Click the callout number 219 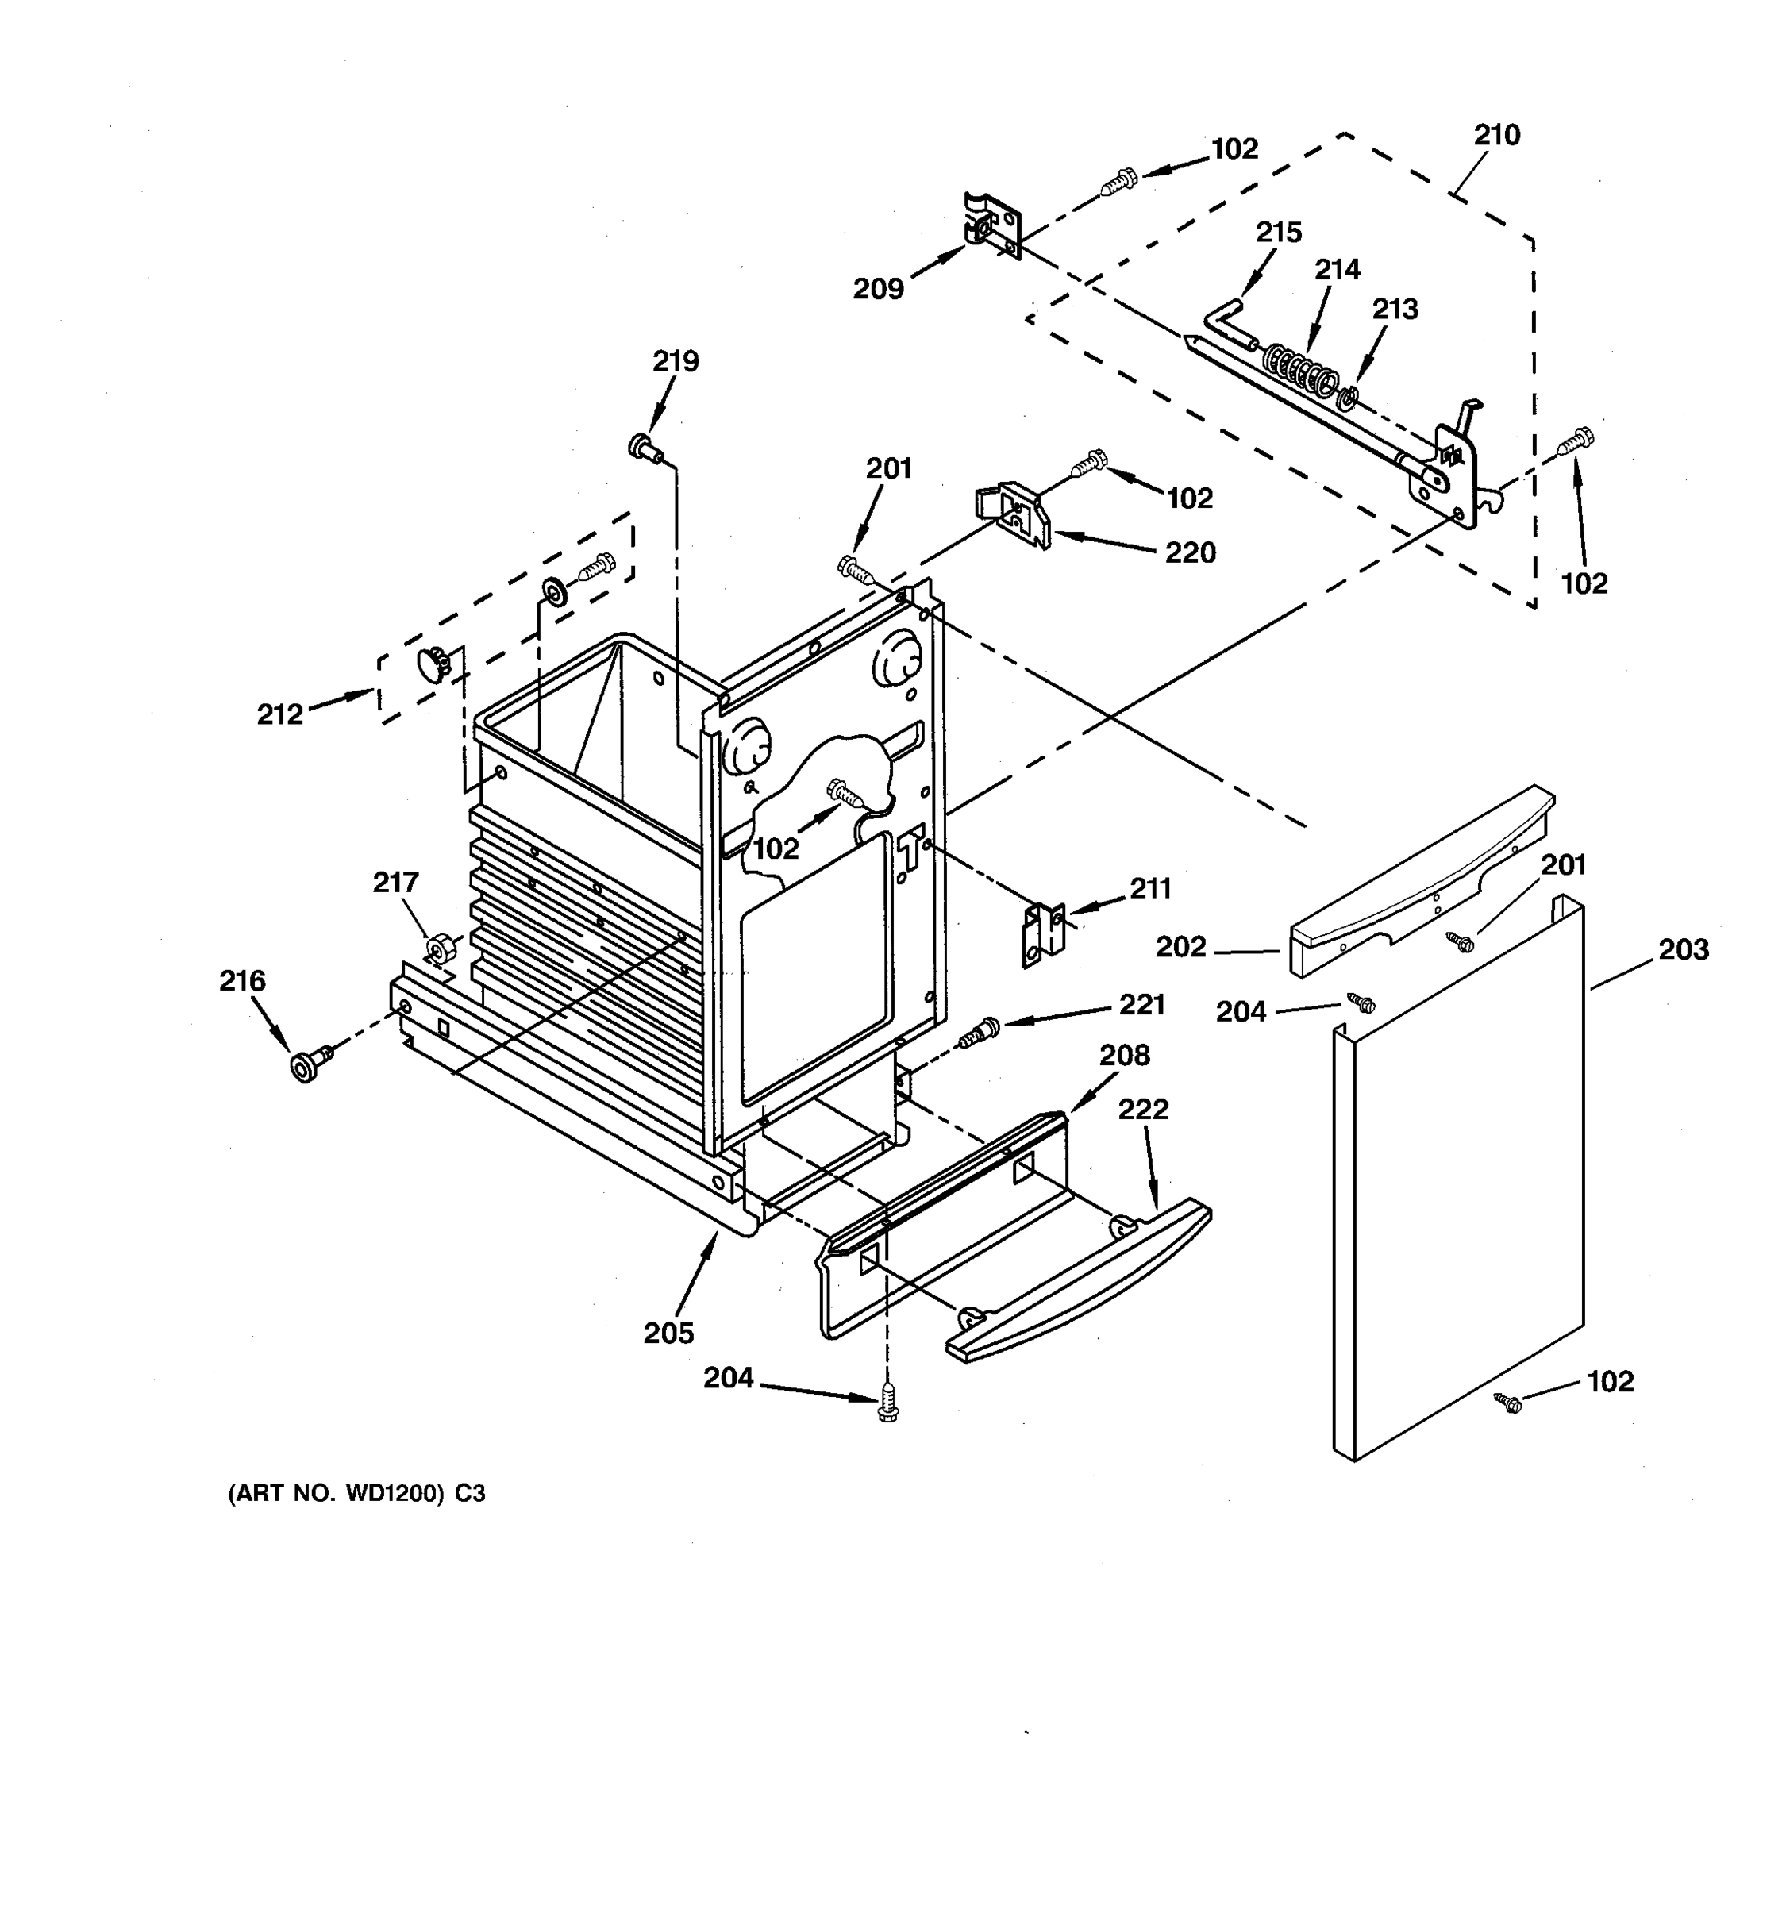point(676,361)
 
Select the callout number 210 point(1496,135)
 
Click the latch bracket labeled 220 point(1014,514)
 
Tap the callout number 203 point(1684,949)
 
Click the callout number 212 point(279,714)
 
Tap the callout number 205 point(669,1333)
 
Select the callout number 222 point(1143,1109)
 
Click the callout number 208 point(1124,1055)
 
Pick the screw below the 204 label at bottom point(888,1406)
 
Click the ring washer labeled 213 point(1346,397)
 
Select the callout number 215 point(1278,233)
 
